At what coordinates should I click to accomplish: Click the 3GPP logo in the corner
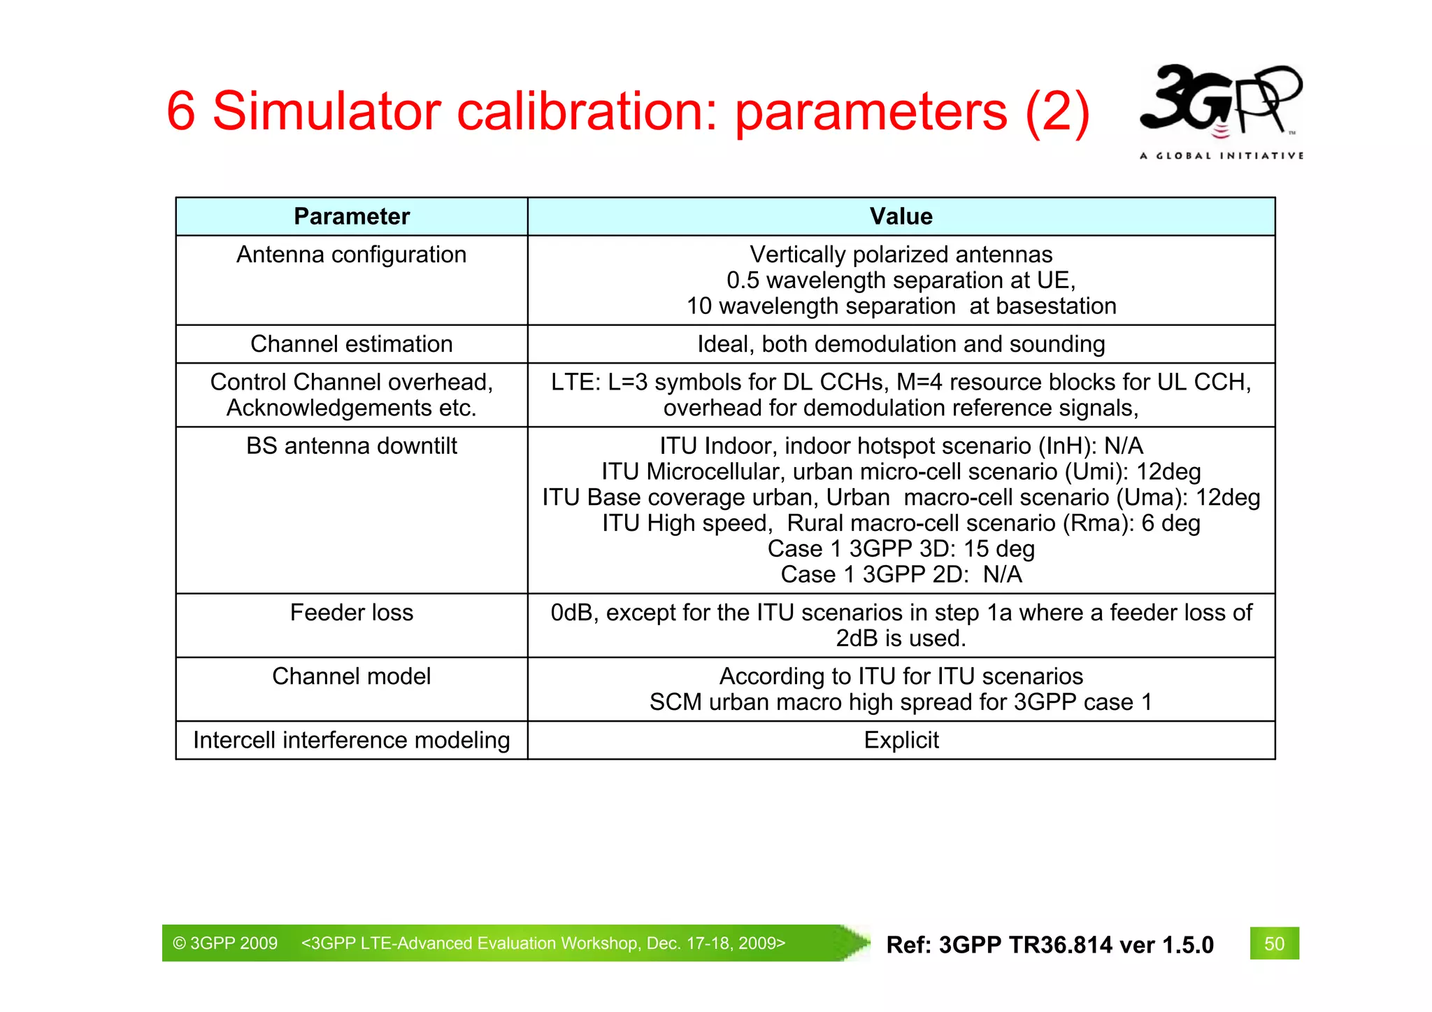click(x=1220, y=101)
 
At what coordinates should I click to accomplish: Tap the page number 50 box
click(x=1274, y=943)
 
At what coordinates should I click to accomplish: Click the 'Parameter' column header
click(x=352, y=216)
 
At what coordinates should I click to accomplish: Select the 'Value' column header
click(x=901, y=216)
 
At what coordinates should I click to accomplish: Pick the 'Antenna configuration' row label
click(x=352, y=255)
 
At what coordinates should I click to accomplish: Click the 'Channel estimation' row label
click(x=352, y=344)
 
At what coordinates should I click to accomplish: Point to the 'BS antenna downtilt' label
click(x=352, y=446)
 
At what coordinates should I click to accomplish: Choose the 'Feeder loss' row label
click(x=352, y=613)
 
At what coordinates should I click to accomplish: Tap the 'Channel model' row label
click(x=352, y=676)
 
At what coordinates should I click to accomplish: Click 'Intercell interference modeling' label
click(x=352, y=740)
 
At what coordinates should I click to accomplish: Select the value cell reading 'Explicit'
click(x=901, y=740)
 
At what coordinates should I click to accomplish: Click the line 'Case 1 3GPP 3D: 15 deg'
click(x=901, y=549)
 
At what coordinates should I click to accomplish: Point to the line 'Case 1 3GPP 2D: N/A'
click(x=901, y=575)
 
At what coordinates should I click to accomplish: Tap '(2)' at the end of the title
click(x=1057, y=112)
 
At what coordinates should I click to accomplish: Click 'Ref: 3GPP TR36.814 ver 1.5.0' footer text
click(x=1050, y=945)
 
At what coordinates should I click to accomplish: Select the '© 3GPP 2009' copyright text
click(x=225, y=943)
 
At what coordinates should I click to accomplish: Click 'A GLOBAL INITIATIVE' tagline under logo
click(x=1221, y=156)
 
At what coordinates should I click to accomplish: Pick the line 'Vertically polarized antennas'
click(x=901, y=255)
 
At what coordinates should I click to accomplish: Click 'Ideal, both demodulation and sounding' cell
click(x=901, y=344)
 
